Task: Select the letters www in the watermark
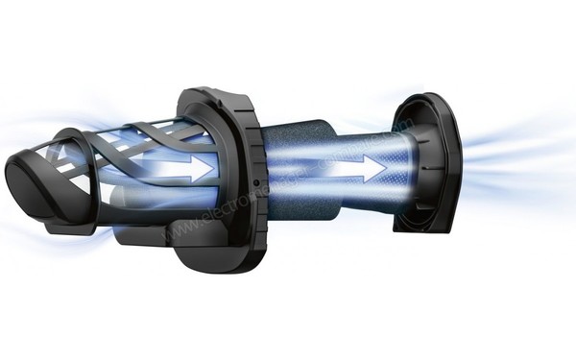pyautogui.click(x=178, y=230)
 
